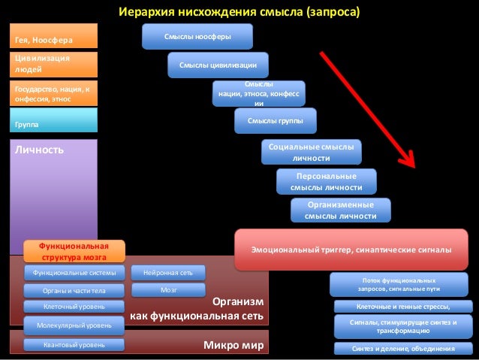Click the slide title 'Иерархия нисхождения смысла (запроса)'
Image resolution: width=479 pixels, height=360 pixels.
pyautogui.click(x=239, y=12)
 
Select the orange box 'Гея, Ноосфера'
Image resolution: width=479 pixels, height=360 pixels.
pyautogui.click(x=53, y=36)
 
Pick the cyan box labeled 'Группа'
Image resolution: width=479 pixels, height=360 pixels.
pyautogui.click(x=53, y=120)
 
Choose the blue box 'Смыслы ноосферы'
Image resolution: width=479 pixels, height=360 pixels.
pyautogui.click(x=197, y=36)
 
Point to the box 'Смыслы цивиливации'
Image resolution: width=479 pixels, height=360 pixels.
pyautogui.click(x=218, y=65)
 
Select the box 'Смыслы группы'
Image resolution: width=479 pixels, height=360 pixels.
pyautogui.click(x=276, y=120)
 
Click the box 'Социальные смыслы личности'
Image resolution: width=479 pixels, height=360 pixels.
pyautogui.click(x=311, y=153)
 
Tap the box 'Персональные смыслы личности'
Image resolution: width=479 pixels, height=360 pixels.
pyautogui.click(x=326, y=181)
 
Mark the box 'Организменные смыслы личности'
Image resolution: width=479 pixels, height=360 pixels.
pyautogui.click(x=341, y=210)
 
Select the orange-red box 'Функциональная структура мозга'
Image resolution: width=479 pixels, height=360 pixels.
pyautogui.click(x=74, y=251)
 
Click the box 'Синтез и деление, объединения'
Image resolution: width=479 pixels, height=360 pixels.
pyautogui.click(x=403, y=349)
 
